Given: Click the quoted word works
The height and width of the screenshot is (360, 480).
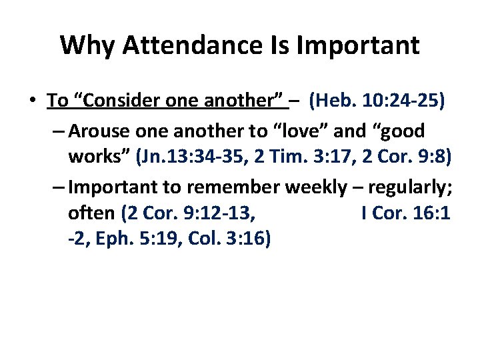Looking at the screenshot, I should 99,158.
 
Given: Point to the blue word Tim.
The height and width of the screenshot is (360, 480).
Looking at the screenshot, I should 297,158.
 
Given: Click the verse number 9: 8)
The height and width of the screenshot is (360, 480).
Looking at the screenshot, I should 437,158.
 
